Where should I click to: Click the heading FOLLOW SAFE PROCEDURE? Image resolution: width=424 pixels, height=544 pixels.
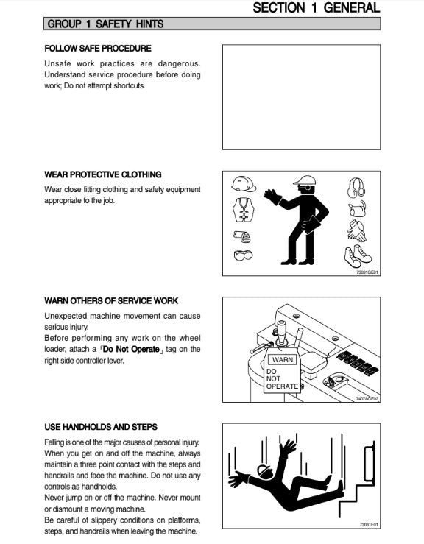(x=98, y=49)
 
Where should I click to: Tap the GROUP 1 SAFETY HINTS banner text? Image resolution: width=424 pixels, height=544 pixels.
(x=105, y=24)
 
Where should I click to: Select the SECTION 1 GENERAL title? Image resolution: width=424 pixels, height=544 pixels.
(x=317, y=7)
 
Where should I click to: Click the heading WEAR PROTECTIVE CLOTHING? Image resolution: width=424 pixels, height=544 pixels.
(x=103, y=174)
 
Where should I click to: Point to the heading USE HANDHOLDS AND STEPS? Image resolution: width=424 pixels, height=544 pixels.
(x=101, y=427)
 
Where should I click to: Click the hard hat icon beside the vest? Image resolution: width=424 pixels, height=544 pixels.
(x=244, y=184)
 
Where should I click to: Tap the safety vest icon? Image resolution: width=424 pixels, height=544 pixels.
(x=244, y=210)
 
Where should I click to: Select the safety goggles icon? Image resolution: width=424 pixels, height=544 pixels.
(x=243, y=255)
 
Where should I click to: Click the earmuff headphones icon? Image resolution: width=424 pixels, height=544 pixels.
(x=356, y=188)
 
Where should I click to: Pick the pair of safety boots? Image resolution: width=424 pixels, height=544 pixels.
(x=357, y=256)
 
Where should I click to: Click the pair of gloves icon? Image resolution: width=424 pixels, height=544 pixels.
(x=357, y=231)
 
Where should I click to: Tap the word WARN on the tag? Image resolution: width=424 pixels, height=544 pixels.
(x=283, y=360)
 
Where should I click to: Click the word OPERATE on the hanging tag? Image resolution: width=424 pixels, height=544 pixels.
(x=282, y=386)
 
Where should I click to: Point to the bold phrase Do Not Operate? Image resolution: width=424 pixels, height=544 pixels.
(x=131, y=350)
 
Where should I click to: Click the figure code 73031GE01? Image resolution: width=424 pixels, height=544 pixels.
(x=367, y=272)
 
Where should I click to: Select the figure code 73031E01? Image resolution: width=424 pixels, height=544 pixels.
(x=369, y=525)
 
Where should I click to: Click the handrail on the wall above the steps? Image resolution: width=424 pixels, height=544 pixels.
(x=370, y=462)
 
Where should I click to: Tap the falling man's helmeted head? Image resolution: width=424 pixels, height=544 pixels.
(x=265, y=472)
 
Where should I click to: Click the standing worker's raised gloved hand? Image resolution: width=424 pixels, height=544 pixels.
(x=272, y=196)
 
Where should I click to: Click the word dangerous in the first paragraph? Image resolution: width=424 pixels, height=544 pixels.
(x=179, y=64)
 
